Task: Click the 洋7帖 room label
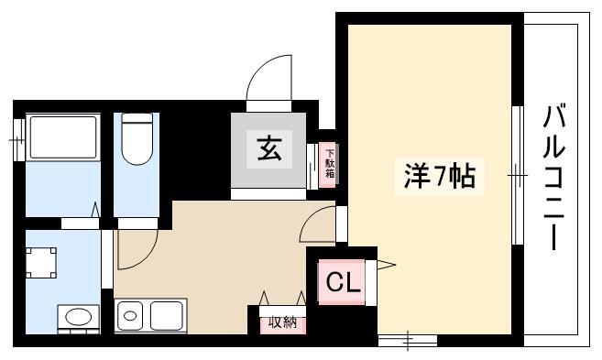(x=440, y=177)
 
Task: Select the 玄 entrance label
(x=269, y=149)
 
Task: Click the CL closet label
(x=343, y=283)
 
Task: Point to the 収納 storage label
(x=282, y=322)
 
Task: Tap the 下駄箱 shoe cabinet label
(x=330, y=164)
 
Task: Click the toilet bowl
(x=137, y=139)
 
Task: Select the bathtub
(x=63, y=137)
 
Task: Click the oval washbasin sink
(x=78, y=317)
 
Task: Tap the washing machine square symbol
(x=41, y=263)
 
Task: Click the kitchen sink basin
(x=166, y=316)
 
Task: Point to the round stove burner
(x=130, y=316)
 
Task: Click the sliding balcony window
(x=518, y=175)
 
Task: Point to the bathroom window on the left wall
(x=18, y=140)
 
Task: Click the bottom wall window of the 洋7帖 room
(x=408, y=341)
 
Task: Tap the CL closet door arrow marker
(x=387, y=265)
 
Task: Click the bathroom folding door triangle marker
(x=95, y=210)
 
